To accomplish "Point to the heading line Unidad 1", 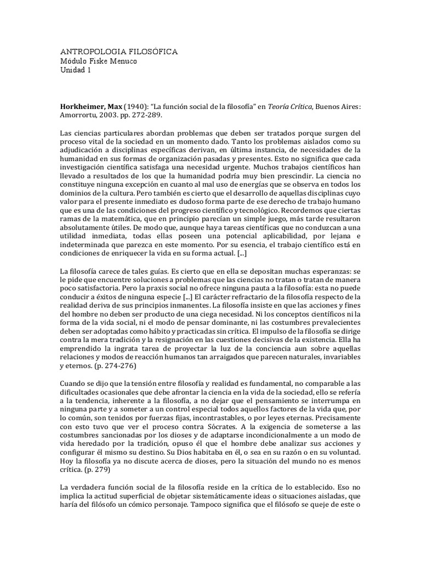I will (x=76, y=71).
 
